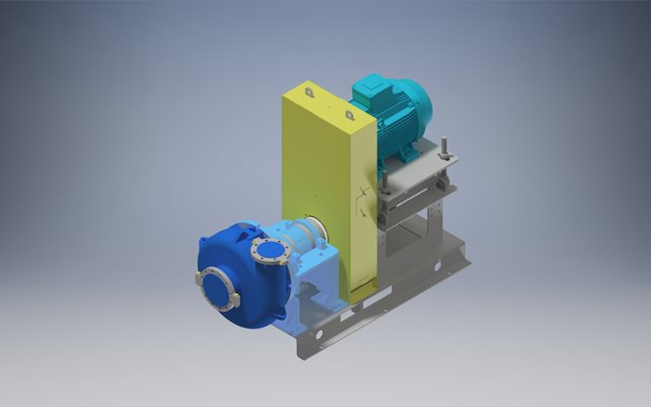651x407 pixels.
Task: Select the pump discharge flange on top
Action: [x=268, y=249]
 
